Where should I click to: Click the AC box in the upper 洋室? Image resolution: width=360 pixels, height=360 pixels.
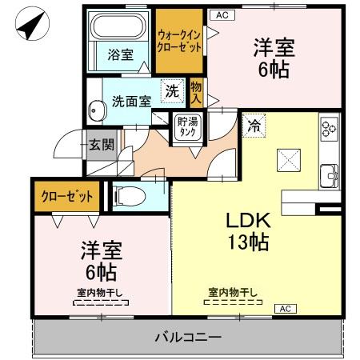pyautogui.click(x=221, y=14)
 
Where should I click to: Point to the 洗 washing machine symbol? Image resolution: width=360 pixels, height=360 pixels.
pyautogui.click(x=171, y=91)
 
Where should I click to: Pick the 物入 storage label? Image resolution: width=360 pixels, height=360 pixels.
pyautogui.click(x=196, y=91)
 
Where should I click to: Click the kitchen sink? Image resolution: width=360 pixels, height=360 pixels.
pyautogui.click(x=328, y=174)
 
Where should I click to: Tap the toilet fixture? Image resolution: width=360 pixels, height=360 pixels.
pyautogui.click(x=130, y=195)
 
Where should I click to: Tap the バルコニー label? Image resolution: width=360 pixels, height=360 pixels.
pyautogui.click(x=188, y=338)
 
